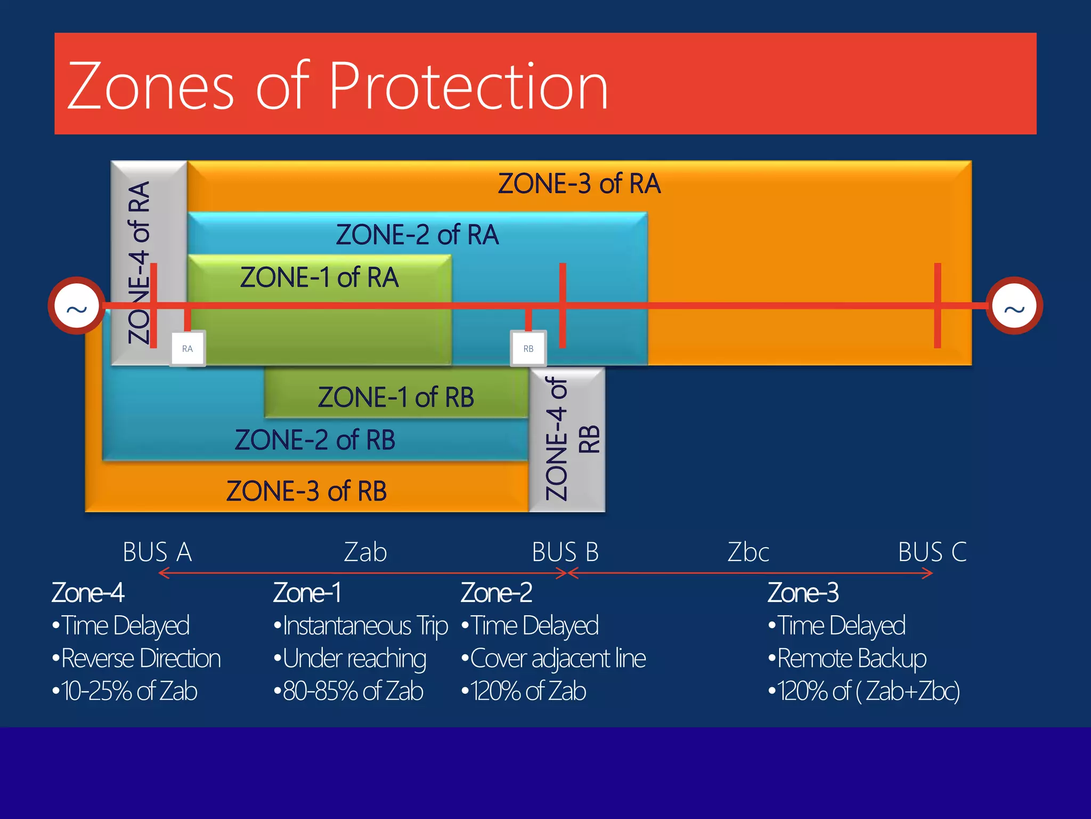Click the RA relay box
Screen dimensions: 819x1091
(x=188, y=349)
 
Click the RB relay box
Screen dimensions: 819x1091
(x=528, y=349)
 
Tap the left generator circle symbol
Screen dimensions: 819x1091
(x=77, y=306)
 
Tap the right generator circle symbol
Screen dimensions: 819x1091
(x=1014, y=306)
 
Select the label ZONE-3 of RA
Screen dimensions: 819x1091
(x=579, y=184)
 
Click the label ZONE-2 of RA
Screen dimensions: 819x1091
(x=417, y=235)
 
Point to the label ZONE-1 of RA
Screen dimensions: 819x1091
(x=319, y=278)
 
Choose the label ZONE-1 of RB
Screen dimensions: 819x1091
(x=395, y=398)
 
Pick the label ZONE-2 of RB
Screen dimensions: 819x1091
(x=315, y=440)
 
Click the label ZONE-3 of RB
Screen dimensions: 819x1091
(x=306, y=492)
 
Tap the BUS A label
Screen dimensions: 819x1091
(x=157, y=552)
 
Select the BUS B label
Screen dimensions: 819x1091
(x=565, y=552)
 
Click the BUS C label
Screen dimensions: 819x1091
(x=932, y=552)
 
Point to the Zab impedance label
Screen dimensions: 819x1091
(x=365, y=552)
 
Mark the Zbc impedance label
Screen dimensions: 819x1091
(x=748, y=552)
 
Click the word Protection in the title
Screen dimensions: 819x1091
(x=468, y=86)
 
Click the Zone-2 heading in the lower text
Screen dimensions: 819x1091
(x=496, y=593)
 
